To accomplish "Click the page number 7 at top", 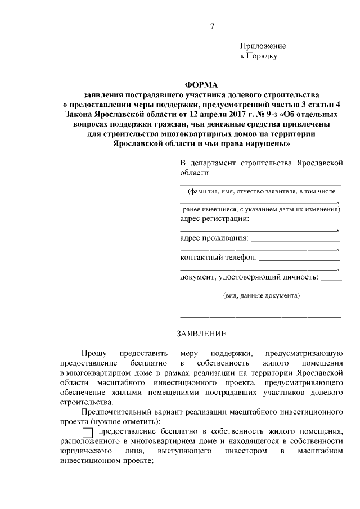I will click(x=211, y=26).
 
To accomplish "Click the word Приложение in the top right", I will click(x=263, y=46).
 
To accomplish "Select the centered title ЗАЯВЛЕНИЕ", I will click(x=201, y=334).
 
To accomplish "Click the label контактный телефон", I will click(x=218, y=258).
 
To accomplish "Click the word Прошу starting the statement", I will click(x=93, y=353).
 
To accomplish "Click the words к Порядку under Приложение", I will click(x=259, y=56).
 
